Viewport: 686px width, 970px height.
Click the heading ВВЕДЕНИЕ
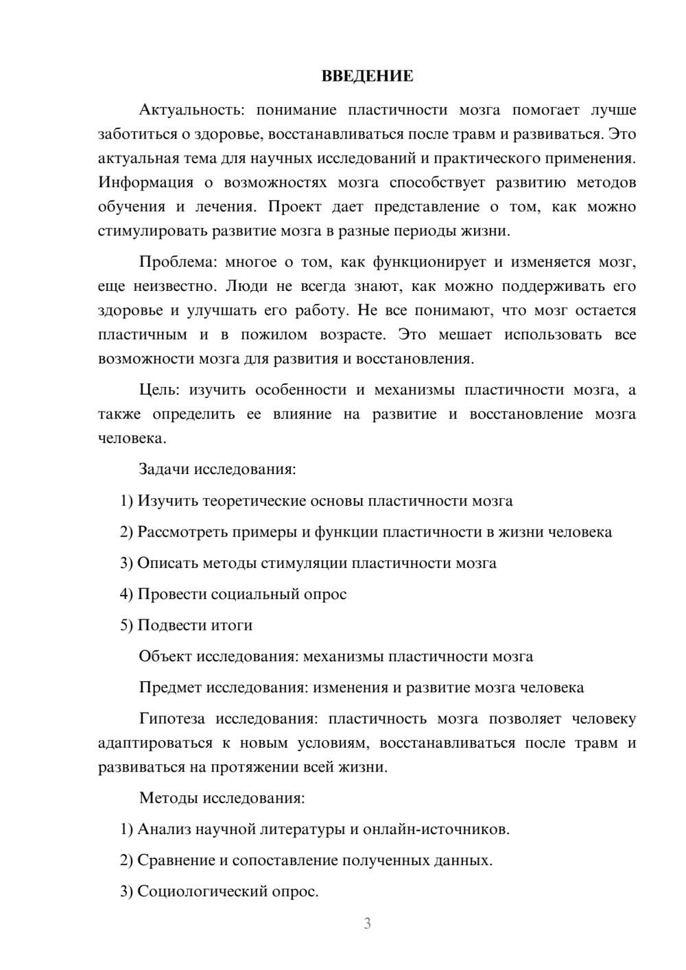click(x=367, y=76)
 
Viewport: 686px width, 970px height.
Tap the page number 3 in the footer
click(x=367, y=923)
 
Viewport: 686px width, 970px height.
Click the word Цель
click(x=158, y=390)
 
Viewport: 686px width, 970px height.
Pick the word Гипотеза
click(x=171, y=718)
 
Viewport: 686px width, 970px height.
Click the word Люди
click(x=246, y=286)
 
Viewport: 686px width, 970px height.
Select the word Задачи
click(x=164, y=469)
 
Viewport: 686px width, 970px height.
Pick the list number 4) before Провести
click(x=126, y=594)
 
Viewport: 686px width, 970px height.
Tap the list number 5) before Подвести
click(x=126, y=625)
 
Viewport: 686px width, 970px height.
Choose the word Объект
click(x=165, y=656)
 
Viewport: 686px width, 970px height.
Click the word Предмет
click(x=170, y=687)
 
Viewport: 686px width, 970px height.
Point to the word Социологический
click(x=204, y=891)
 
